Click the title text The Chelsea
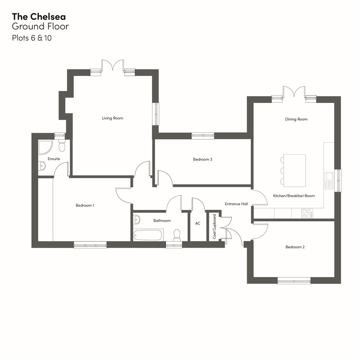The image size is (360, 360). [x=39, y=16]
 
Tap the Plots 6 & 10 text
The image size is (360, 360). [x=32, y=38]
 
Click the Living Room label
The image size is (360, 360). [x=112, y=118]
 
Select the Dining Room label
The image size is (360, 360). [x=296, y=119]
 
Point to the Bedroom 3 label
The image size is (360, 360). [x=202, y=159]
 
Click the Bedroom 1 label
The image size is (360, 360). [x=85, y=205]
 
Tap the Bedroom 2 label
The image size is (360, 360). [x=295, y=247]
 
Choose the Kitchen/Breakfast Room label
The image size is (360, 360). [x=294, y=196]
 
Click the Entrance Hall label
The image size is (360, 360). [x=236, y=204]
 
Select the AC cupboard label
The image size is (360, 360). [x=198, y=223]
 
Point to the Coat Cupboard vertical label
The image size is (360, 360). [x=215, y=227]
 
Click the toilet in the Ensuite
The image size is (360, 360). [x=62, y=146]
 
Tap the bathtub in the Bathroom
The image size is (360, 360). [x=148, y=235]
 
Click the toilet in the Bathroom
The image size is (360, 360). [x=177, y=235]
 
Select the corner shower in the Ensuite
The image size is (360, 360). [x=44, y=147]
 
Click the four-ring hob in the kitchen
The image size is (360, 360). [x=307, y=214]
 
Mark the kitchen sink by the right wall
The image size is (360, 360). [x=329, y=181]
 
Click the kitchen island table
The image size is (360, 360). [x=294, y=171]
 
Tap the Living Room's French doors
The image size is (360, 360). [x=113, y=66]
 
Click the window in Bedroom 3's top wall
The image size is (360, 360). [x=203, y=136]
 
